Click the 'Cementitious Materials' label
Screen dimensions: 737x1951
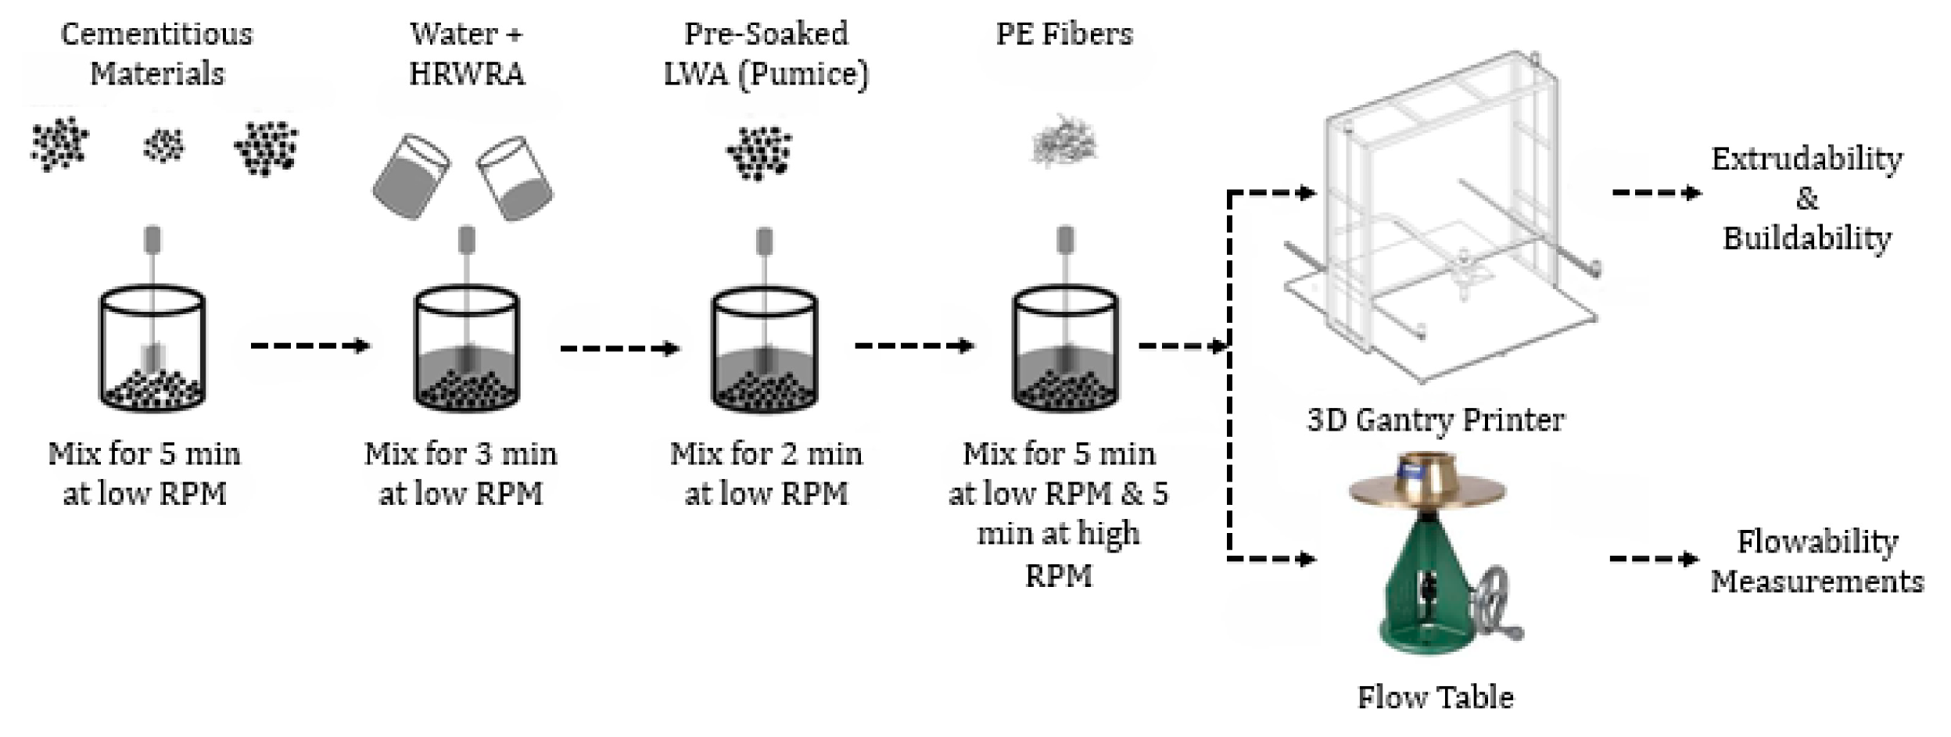pyautogui.click(x=156, y=54)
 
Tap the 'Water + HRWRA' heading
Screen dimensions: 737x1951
pyautogui.click(x=466, y=54)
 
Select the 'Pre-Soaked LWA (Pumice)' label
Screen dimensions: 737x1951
pyautogui.click(x=766, y=54)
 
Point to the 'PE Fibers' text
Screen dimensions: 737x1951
pyautogui.click(x=1063, y=34)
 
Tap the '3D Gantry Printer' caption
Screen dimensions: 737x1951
pyautogui.click(x=1435, y=420)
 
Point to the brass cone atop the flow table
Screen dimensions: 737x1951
pyautogui.click(x=1427, y=477)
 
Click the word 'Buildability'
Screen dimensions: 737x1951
pyautogui.click(x=1806, y=238)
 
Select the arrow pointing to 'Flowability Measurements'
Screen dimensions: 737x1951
pyautogui.click(x=1653, y=559)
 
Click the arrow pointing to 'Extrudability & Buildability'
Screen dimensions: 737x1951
pyautogui.click(x=1656, y=193)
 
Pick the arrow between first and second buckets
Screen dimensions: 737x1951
pyautogui.click(x=309, y=345)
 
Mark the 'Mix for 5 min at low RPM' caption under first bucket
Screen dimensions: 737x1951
pyautogui.click(x=145, y=474)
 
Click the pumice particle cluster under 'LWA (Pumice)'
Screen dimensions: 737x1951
pyautogui.click(x=759, y=152)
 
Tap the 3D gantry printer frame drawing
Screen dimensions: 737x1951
pyautogui.click(x=1439, y=219)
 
